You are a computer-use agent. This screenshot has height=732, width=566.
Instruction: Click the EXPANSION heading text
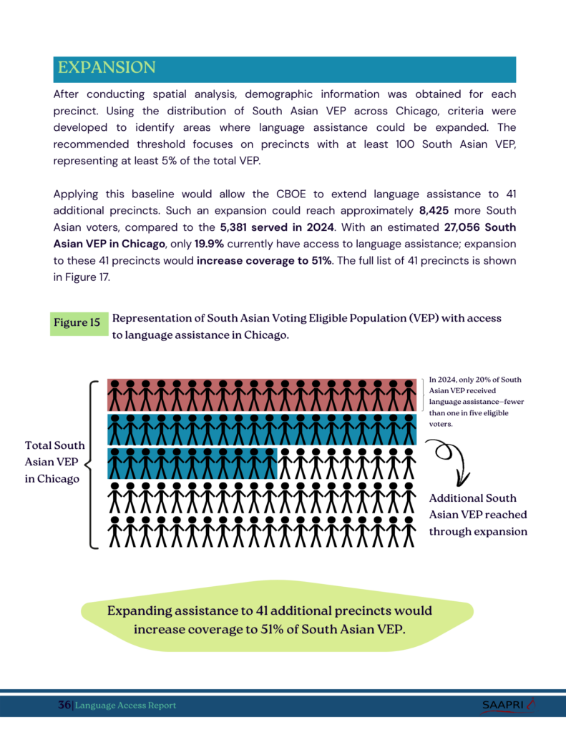(106, 68)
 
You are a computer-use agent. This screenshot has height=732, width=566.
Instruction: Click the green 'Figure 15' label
(77, 323)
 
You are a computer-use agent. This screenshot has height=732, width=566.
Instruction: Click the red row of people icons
(262, 395)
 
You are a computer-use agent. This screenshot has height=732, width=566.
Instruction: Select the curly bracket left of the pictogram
(94, 465)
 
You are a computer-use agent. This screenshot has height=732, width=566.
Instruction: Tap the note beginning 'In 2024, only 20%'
(475, 402)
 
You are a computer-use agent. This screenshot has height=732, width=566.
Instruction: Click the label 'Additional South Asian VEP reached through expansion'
(477, 515)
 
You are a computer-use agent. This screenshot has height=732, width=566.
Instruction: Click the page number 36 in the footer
(64, 706)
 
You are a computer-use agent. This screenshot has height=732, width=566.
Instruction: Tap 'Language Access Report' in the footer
(126, 706)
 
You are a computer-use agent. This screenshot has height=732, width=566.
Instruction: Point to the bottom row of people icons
(262, 533)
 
